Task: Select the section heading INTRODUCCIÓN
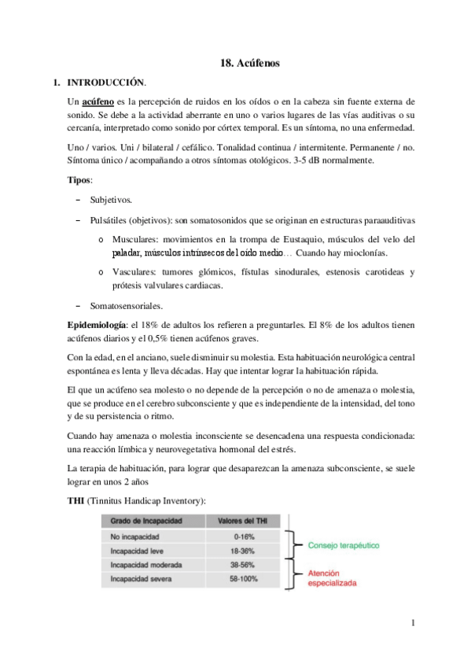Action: pyautogui.click(x=106, y=82)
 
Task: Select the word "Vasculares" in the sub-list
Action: pyautogui.click(x=134, y=272)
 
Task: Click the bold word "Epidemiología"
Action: pyautogui.click(x=97, y=325)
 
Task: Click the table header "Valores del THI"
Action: pyautogui.click(x=239, y=521)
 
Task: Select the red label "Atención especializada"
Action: pyautogui.click(x=332, y=579)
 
